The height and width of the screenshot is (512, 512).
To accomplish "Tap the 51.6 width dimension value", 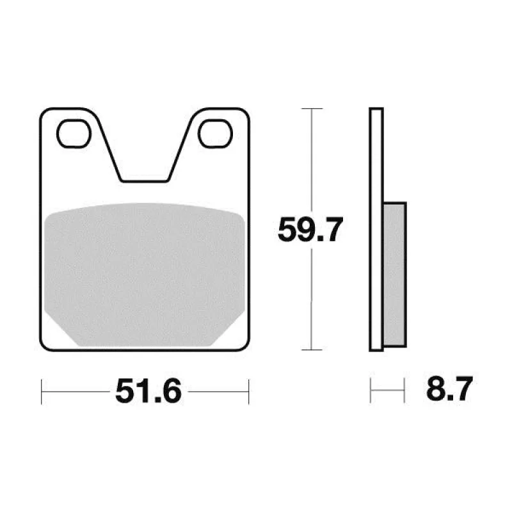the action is tap(148, 391).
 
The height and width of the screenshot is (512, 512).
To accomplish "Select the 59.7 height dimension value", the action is tap(310, 229).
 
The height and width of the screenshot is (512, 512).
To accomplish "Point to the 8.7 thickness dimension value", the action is tap(449, 388).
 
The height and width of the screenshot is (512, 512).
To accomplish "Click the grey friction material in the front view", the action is tap(145, 275).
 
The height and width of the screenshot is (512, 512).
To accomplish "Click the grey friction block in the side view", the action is tap(394, 275).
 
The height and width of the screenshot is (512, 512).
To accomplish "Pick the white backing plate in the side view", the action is tap(376, 229).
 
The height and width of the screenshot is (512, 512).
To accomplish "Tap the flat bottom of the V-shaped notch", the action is tap(145, 181).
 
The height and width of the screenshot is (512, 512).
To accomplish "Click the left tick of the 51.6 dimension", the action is tap(42, 392).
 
